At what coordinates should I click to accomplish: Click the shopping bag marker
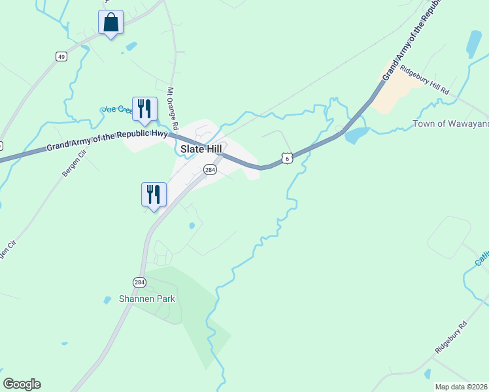coord(111,22)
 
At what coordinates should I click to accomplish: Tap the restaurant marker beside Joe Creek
coord(144,108)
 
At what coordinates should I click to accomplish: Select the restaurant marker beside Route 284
coord(154,194)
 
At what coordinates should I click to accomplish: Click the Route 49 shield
coord(61,57)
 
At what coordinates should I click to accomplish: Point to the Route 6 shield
coord(287,158)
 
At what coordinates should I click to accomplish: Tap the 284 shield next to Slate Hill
coord(209,170)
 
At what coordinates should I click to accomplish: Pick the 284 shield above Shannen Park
coord(139,282)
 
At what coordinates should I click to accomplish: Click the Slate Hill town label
coord(201,149)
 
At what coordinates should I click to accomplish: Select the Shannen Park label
coord(147,299)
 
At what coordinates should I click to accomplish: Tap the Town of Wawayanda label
coord(451,124)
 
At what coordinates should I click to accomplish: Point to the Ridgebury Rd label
coord(452,338)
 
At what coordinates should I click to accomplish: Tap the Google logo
coord(22,384)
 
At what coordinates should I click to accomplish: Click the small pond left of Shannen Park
coord(107,300)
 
